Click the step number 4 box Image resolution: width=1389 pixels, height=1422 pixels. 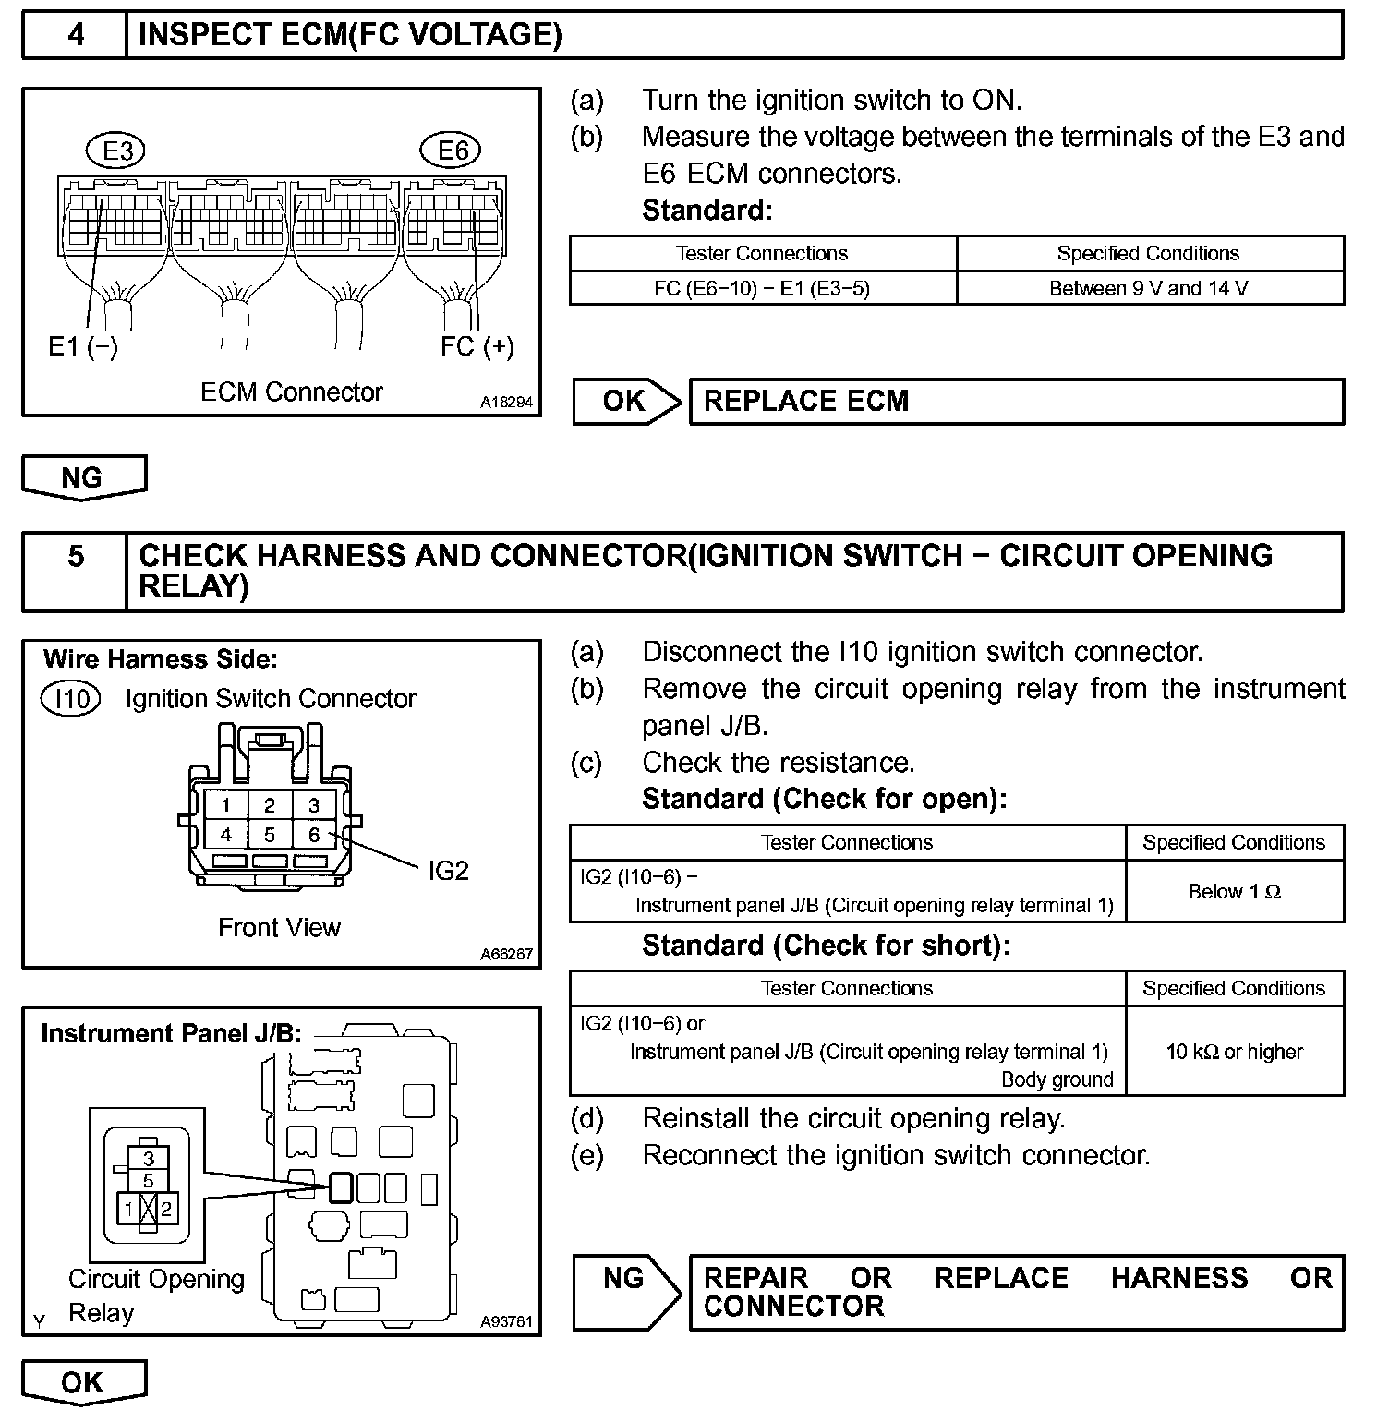click(x=75, y=35)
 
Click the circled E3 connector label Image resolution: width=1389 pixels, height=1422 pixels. click(x=117, y=151)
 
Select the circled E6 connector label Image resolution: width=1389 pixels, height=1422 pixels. click(x=453, y=151)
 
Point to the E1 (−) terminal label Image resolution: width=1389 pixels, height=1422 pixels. click(x=83, y=347)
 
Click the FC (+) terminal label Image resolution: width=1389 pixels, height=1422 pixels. click(x=477, y=347)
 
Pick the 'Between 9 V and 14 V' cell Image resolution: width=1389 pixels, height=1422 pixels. click(x=1149, y=288)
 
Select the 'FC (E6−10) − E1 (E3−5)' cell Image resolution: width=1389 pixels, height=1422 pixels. click(x=762, y=288)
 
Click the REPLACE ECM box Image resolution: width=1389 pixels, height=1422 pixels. click(x=1016, y=402)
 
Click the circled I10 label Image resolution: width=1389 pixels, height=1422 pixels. click(x=71, y=699)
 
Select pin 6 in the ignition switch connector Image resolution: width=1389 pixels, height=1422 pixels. click(x=314, y=835)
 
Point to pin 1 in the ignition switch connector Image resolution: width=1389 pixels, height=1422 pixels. click(x=226, y=805)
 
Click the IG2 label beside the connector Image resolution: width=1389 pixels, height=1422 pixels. click(x=449, y=871)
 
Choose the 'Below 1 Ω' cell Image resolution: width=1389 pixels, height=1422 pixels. click(x=1234, y=892)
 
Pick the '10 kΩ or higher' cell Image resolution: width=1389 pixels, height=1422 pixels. click(x=1234, y=1052)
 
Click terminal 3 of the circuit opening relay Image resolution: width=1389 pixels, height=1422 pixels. click(x=149, y=1158)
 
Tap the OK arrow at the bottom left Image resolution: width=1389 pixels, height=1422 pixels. click(x=83, y=1382)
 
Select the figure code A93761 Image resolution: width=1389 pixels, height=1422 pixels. click(x=506, y=1321)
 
